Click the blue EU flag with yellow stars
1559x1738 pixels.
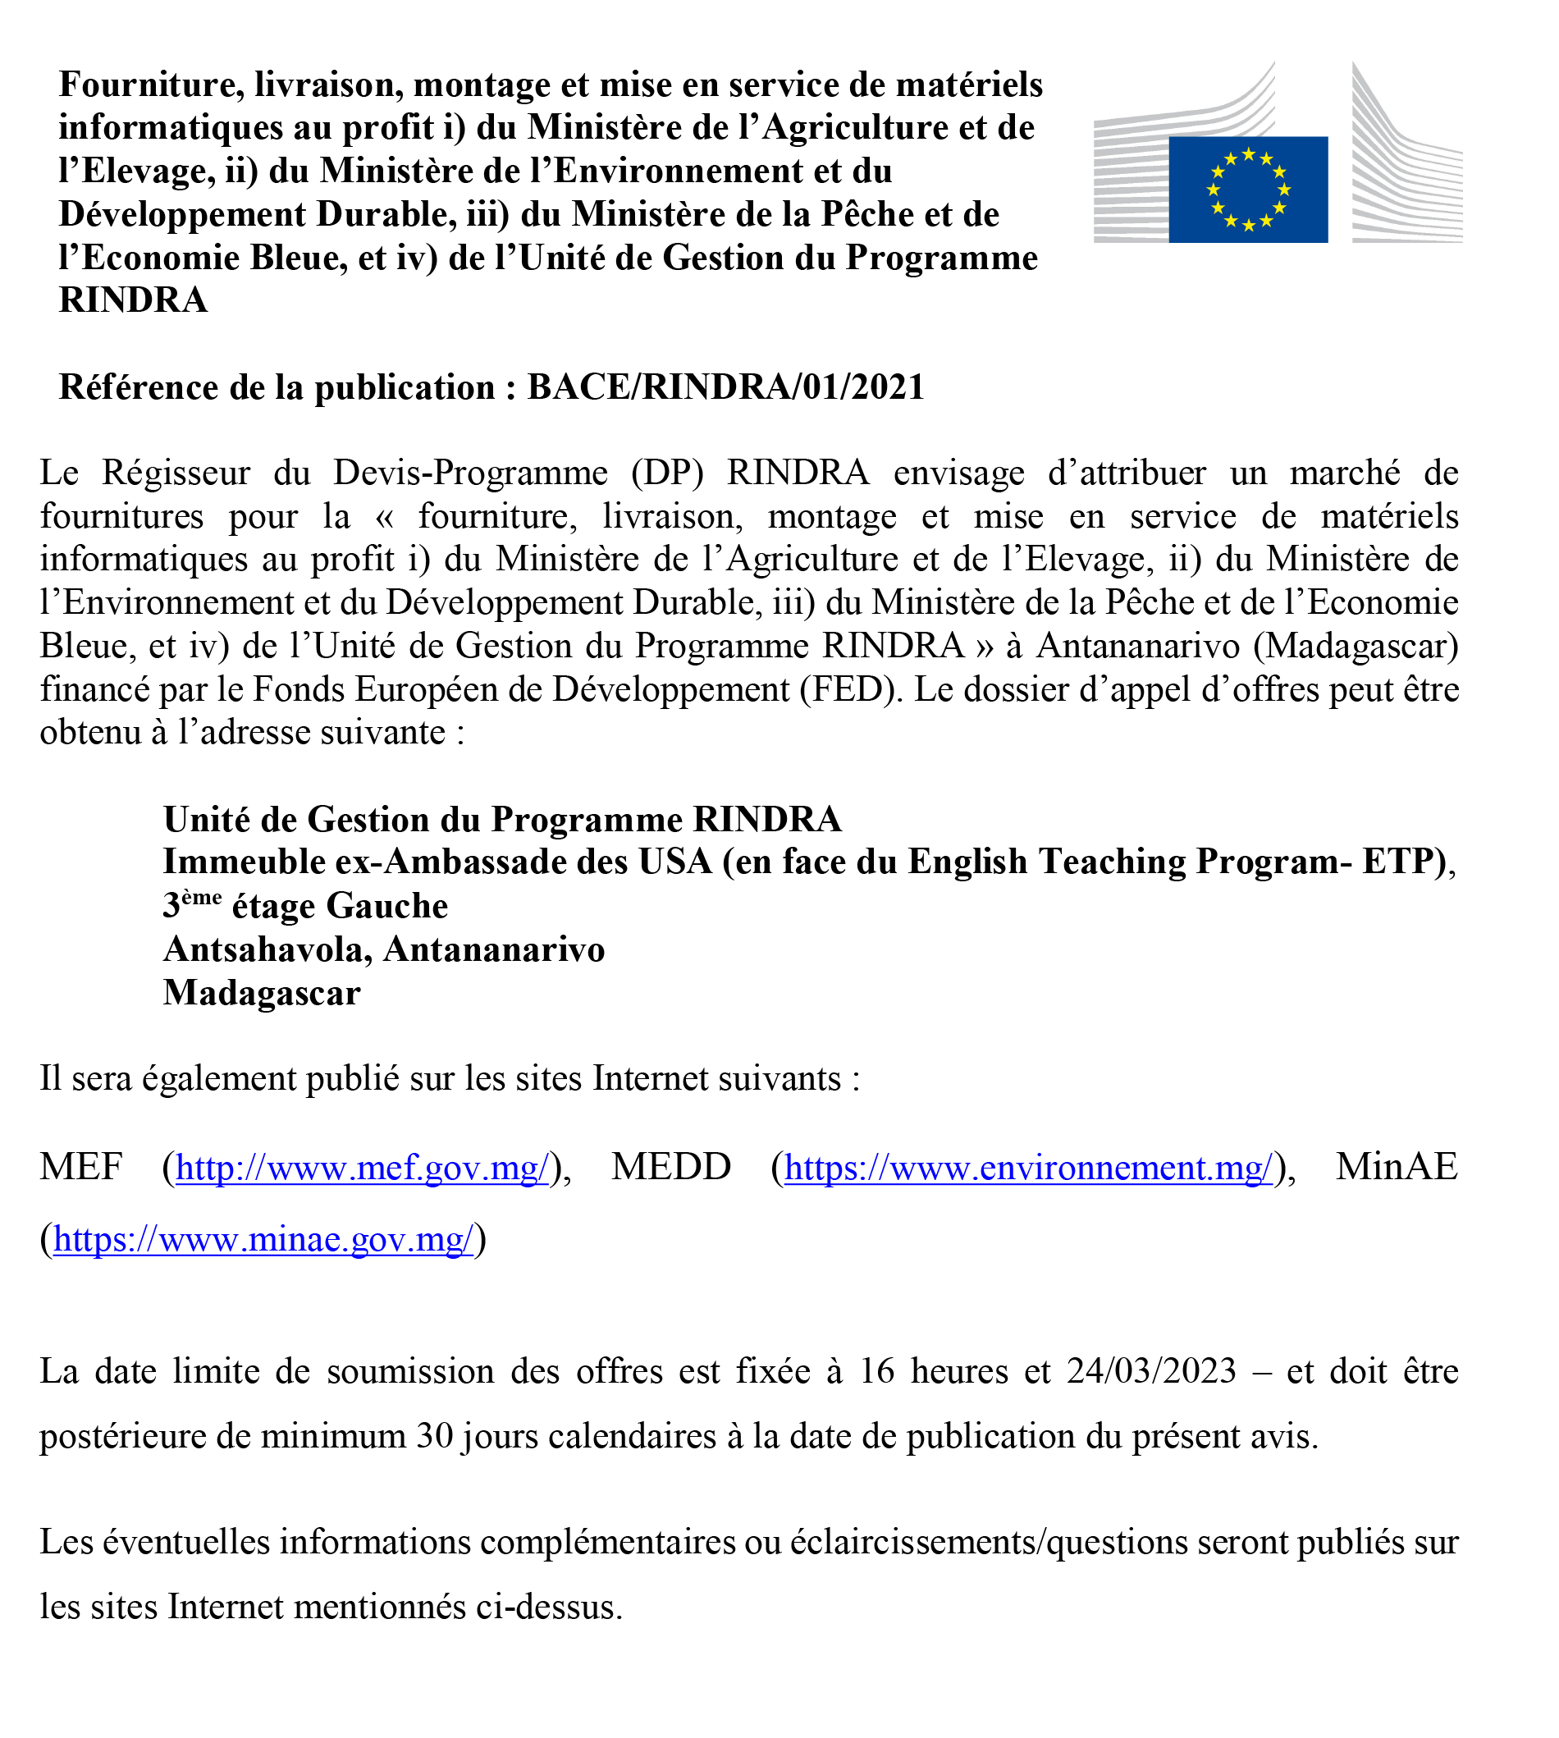(1247, 190)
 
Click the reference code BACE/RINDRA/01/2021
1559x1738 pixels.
(725, 387)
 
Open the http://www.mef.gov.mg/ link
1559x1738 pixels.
(362, 1168)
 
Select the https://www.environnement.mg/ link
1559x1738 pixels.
(1028, 1168)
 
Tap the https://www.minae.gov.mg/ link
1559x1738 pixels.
(263, 1238)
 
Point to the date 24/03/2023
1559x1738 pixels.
(1151, 1371)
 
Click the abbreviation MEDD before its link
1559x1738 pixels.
(670, 1167)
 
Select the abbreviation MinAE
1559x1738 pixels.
(1397, 1167)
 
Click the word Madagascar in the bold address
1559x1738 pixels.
(261, 993)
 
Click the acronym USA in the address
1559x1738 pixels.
(675, 862)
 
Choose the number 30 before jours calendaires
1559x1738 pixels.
(434, 1437)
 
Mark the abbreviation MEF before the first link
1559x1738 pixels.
(81, 1167)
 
